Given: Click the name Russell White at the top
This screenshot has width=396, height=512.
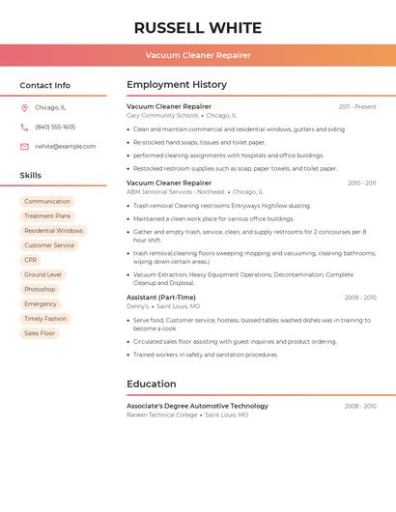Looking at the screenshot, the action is click(x=198, y=27).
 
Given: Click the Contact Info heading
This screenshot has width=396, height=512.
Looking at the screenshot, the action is click(x=44, y=85).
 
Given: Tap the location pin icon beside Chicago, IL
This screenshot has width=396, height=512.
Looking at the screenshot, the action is click(x=24, y=107).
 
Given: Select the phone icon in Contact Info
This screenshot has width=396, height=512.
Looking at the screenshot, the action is click(x=24, y=127).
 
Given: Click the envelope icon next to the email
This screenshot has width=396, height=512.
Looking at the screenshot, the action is click(x=24, y=147).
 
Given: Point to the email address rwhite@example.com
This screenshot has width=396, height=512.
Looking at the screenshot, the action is click(x=66, y=147).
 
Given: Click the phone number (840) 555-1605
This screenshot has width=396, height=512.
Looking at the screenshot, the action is click(x=55, y=127).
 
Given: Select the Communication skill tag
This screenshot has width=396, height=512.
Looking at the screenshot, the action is click(x=47, y=202).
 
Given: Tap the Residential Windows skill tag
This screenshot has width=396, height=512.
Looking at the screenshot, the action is click(x=53, y=231).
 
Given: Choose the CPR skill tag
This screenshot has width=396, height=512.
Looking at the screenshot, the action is click(x=31, y=260).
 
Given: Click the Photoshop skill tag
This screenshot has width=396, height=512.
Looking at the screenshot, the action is click(x=40, y=290).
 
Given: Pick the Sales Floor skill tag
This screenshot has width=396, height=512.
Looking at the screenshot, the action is click(x=40, y=333).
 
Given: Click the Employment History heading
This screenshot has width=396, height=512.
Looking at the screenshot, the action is click(x=177, y=85).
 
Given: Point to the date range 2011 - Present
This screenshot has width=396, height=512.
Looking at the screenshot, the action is click(x=357, y=106).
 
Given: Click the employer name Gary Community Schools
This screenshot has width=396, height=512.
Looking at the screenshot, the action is click(x=162, y=115).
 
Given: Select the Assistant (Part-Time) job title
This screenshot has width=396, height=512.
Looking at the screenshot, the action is click(x=161, y=298).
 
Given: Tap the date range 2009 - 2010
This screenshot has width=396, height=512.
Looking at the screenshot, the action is click(x=360, y=298).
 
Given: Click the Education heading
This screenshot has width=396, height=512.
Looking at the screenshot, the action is click(x=152, y=384).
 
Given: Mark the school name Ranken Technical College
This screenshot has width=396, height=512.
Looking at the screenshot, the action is click(x=162, y=414).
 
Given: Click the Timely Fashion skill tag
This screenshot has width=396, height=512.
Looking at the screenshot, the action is click(x=45, y=319).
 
